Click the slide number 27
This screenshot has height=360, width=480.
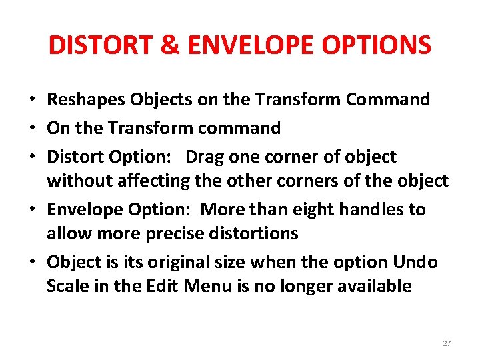pos(447,343)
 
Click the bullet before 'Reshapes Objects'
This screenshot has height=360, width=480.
pos(32,101)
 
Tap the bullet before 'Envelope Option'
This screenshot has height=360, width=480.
pos(32,210)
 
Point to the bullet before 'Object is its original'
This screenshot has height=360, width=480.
pos(32,263)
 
